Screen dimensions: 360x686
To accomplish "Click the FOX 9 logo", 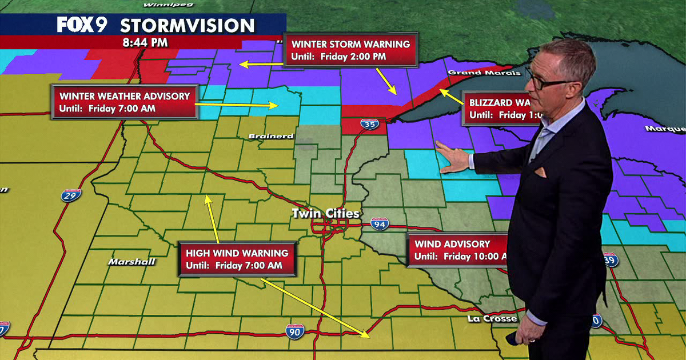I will [83, 25].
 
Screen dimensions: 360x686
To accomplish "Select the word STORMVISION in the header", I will [187, 26].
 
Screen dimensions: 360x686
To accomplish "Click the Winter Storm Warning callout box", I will [350, 50].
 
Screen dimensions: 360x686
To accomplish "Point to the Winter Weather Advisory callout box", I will [125, 102].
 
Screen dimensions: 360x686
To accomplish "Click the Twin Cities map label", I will [326, 214].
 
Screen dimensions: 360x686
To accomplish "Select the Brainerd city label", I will [264, 136].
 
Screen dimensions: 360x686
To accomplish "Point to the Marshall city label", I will [131, 262].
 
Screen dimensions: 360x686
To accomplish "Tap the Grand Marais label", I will [484, 73].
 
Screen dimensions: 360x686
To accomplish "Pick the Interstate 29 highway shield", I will [71, 194].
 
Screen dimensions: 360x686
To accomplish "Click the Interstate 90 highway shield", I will [295, 330].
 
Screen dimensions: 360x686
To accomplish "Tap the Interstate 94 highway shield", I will [380, 224].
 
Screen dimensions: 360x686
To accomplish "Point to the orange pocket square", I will [540, 173].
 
